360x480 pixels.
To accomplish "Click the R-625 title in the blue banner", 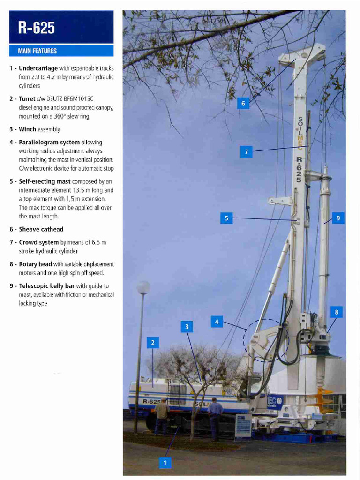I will (37, 28).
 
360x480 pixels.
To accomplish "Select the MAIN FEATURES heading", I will (37, 51).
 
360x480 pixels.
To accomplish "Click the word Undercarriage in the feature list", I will (38, 68).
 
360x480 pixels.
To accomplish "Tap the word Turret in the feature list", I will (27, 99).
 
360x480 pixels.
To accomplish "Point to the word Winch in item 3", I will (27, 129).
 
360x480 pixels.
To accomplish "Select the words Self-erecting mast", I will (45, 181).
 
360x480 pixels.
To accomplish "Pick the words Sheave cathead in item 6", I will (41, 229).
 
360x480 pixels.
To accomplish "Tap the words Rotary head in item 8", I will (35, 264).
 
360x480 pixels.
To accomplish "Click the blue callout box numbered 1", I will (165, 463).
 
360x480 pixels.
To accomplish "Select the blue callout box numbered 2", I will (152, 343).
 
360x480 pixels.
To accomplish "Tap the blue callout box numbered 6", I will (243, 103).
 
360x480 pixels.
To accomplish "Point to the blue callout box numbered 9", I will (338, 218).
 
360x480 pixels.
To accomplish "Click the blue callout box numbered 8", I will (336, 312).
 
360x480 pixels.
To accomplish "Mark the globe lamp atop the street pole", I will (143, 287).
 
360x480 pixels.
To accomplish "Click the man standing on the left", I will (162, 415).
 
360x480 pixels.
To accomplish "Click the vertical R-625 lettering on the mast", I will (299, 169).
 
